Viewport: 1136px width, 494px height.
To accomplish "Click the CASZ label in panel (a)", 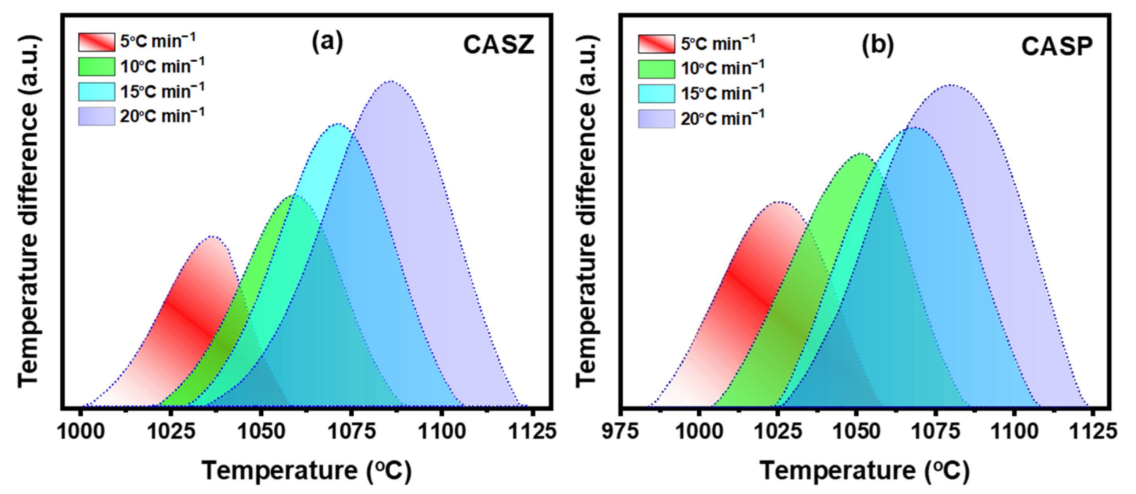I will coord(498,44).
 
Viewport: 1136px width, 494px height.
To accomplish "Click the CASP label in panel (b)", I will coord(1057,46).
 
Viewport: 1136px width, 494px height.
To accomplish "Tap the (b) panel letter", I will coord(877,44).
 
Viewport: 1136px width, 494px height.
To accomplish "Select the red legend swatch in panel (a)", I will coord(96,42).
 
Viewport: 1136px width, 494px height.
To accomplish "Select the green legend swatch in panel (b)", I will coord(656,69).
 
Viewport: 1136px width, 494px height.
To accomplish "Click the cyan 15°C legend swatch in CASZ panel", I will coord(96,92).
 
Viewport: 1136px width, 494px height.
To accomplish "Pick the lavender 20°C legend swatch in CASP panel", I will coord(656,119).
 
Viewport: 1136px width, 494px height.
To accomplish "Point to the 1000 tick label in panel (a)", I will coord(81,431).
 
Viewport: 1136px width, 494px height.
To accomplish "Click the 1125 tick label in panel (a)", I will coord(533,431).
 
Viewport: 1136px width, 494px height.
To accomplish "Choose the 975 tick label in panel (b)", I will coord(620,431).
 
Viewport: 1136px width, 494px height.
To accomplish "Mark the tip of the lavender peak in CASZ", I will coord(391,81).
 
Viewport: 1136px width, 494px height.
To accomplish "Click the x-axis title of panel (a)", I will coord(307,471).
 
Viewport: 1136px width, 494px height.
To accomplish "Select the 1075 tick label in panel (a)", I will coord(352,431).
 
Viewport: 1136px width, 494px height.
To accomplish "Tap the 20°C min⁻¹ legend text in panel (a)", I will coord(162,116).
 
